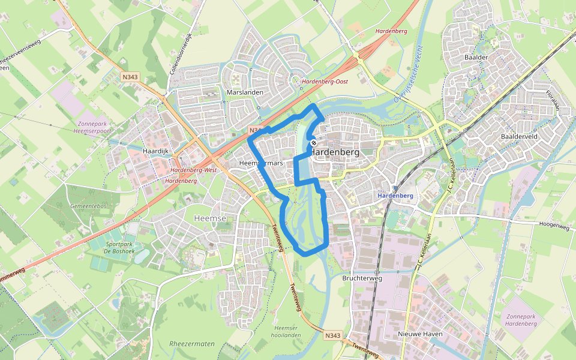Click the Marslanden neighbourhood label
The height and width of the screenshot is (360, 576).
click(x=245, y=92)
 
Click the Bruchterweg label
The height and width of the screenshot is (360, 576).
click(x=362, y=278)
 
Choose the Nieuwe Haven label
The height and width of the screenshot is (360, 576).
click(x=420, y=334)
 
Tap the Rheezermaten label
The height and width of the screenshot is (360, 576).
click(x=192, y=344)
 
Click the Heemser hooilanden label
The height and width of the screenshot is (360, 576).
click(x=287, y=332)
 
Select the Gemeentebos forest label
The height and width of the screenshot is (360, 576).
click(x=88, y=205)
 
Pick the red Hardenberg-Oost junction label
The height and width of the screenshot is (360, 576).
click(x=325, y=81)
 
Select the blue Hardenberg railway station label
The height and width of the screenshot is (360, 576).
click(x=395, y=196)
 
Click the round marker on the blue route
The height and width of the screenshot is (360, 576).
click(x=313, y=143)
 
